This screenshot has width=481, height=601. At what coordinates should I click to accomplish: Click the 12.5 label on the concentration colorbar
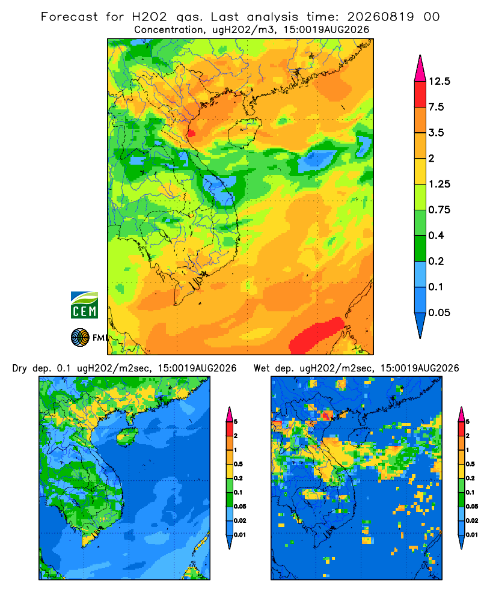[x=439, y=81]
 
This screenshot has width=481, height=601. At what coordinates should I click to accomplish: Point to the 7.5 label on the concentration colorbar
[x=436, y=107]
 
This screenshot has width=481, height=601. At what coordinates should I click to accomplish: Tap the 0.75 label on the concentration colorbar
[x=439, y=210]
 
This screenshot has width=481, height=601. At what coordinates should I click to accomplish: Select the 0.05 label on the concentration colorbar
[x=439, y=313]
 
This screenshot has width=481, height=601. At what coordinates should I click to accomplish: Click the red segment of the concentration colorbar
[x=420, y=94]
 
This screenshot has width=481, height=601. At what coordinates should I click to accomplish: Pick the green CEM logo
[x=84, y=305]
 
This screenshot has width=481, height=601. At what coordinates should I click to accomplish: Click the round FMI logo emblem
[x=80, y=338]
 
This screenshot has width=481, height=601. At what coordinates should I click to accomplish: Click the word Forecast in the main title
[x=69, y=17]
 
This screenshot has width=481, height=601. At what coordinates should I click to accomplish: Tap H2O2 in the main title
[x=150, y=17]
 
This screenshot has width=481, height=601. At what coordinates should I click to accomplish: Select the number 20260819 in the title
[x=381, y=17]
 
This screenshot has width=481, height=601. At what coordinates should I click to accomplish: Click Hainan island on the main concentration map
[x=244, y=133]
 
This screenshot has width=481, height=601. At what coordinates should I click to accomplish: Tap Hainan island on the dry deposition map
[x=127, y=436]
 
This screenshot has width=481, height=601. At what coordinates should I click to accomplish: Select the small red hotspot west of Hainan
[x=191, y=133]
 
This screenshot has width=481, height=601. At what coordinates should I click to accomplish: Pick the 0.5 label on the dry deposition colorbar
[x=238, y=464]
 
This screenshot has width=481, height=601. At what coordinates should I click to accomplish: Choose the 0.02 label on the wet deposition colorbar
[x=472, y=520]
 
